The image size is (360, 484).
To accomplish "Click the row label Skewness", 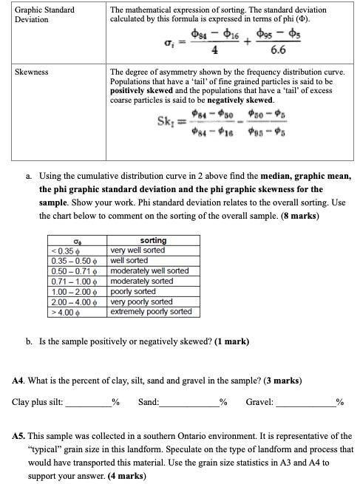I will tap(32, 72).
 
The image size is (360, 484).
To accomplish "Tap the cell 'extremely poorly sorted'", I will tap(150, 312).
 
